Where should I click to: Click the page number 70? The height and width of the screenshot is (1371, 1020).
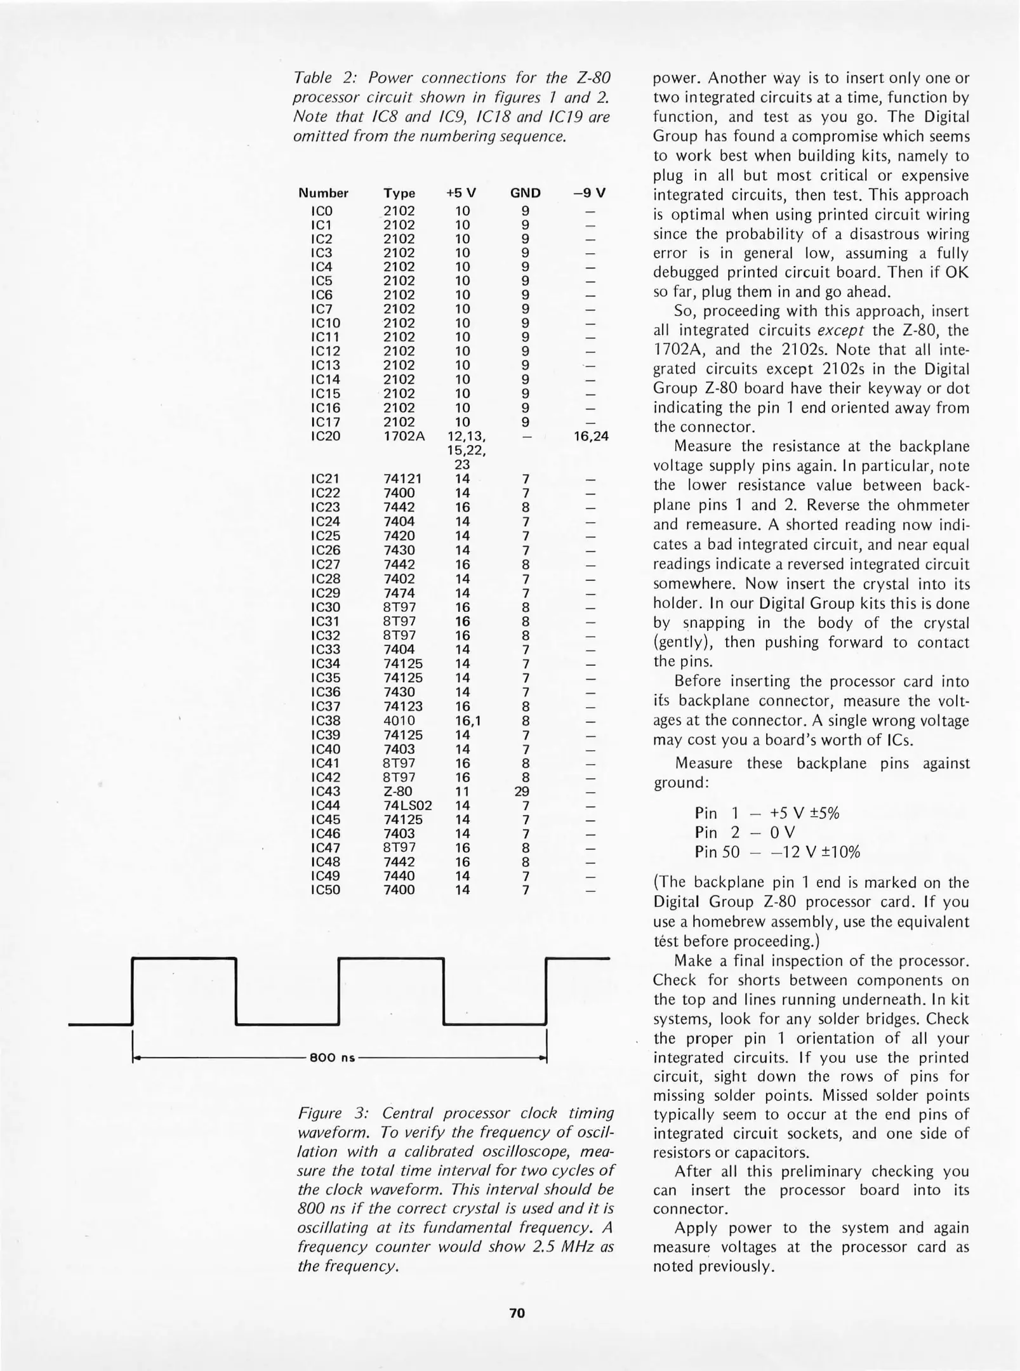(517, 1313)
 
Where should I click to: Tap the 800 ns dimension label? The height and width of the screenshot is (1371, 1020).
(332, 1058)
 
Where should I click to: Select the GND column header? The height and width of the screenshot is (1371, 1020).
(525, 193)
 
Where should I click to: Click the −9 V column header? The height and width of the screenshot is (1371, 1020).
(590, 193)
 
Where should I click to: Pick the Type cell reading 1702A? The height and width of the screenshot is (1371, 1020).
(404, 436)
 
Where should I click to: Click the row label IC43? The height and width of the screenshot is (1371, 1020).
(326, 791)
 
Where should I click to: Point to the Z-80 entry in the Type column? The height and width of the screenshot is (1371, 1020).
(398, 791)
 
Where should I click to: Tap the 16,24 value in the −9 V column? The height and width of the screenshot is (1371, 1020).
(590, 436)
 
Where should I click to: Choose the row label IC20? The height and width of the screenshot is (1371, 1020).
(326, 436)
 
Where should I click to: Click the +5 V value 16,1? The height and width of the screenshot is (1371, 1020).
(467, 720)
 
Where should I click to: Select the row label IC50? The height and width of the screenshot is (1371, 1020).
(326, 890)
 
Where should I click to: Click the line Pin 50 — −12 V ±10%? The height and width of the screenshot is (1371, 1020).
(778, 852)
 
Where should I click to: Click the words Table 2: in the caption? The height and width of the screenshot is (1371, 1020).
(320, 78)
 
